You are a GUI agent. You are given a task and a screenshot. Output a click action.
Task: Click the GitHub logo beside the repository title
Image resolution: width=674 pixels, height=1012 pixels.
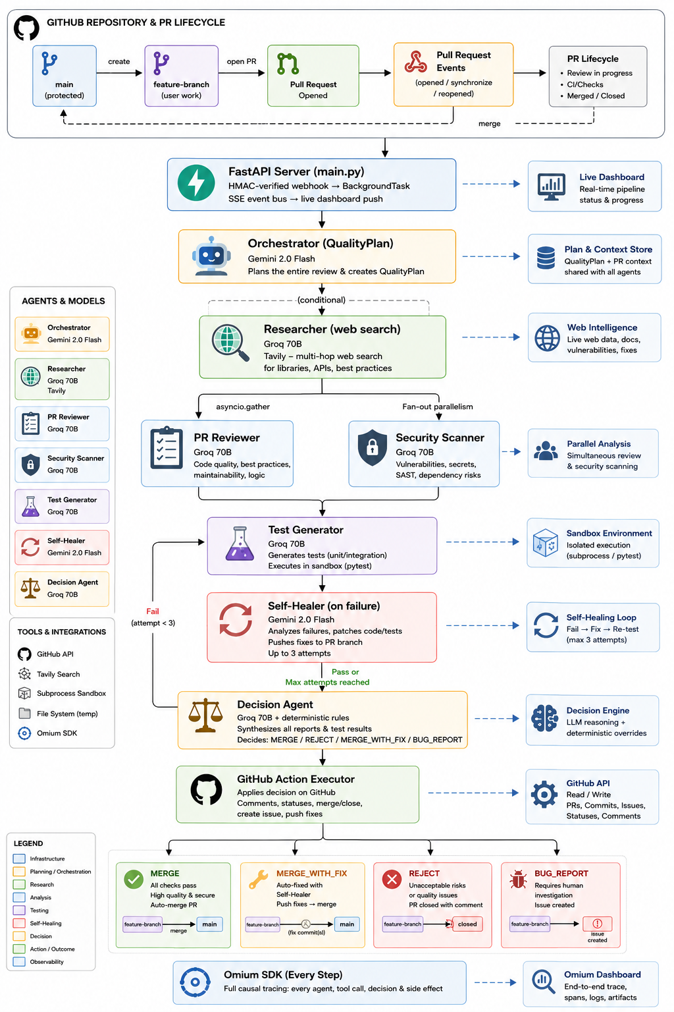click(x=26, y=28)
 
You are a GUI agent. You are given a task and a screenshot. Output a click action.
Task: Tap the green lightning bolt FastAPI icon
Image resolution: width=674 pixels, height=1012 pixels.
click(x=196, y=183)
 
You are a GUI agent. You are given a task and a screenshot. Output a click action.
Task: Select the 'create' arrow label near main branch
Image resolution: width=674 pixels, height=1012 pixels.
click(x=119, y=61)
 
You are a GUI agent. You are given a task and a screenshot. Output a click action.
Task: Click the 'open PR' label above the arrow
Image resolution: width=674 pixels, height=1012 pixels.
click(x=242, y=61)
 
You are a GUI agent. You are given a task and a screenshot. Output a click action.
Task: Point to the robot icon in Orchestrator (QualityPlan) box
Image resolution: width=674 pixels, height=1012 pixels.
click(x=211, y=256)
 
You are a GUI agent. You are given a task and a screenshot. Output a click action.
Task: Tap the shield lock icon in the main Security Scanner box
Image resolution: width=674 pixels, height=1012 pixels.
click(x=373, y=447)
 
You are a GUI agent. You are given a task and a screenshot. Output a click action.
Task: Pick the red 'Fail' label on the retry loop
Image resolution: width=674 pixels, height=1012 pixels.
click(x=153, y=611)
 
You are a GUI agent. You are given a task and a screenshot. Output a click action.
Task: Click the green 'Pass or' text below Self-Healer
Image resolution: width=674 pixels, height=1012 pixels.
click(x=346, y=672)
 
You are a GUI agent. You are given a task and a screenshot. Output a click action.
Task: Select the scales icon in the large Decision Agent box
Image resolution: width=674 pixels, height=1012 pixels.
click(x=206, y=715)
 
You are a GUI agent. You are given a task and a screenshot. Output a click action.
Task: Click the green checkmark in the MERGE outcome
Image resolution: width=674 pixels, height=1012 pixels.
click(x=134, y=879)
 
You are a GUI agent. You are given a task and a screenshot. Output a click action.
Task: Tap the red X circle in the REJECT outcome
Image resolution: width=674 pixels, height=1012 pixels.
click(x=392, y=879)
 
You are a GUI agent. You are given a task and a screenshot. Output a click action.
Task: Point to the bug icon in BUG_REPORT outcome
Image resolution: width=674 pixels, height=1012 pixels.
click(x=518, y=879)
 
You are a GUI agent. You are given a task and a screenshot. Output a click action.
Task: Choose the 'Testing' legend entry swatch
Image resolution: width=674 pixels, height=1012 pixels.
click(x=19, y=910)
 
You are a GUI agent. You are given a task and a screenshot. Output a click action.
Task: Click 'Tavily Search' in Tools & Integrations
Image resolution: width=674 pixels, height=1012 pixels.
click(x=58, y=674)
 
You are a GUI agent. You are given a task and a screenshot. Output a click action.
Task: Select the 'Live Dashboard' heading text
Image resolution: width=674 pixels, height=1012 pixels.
click(x=611, y=177)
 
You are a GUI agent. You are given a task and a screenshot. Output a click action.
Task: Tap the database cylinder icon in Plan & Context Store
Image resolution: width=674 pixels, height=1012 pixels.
click(x=546, y=258)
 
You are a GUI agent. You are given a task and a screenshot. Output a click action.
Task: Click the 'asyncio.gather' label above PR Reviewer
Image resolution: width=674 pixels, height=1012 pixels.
click(x=243, y=407)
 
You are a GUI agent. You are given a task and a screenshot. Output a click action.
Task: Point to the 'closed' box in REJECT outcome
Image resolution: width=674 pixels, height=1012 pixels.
click(x=467, y=924)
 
